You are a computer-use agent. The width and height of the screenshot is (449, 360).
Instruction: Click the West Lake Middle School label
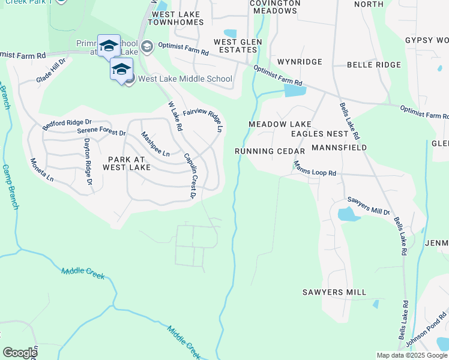(x=185, y=79)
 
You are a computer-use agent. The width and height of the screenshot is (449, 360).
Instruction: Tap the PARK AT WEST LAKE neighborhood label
(x=126, y=163)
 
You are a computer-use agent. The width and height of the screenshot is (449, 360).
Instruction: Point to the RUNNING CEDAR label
(x=270, y=151)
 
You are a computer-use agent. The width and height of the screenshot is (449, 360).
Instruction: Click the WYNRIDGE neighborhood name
(x=300, y=62)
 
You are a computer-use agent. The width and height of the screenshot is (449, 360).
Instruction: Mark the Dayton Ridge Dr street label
(x=88, y=161)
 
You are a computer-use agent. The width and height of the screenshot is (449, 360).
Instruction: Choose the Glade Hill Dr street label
(x=51, y=70)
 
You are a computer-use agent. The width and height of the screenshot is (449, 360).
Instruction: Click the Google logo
(x=20, y=353)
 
